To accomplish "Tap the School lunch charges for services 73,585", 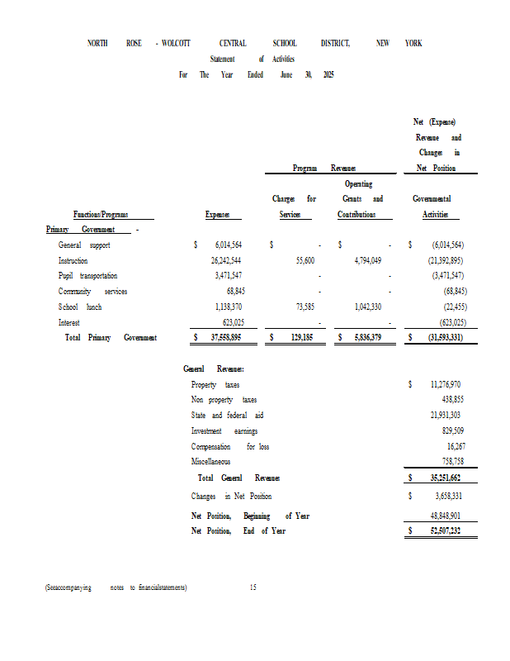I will coord(300,307).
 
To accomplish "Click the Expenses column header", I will coord(218,215).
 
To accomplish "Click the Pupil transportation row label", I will coord(87,276).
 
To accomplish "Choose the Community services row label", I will coord(92,292).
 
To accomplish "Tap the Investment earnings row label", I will coord(224,431).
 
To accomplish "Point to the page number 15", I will coord(253,587).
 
